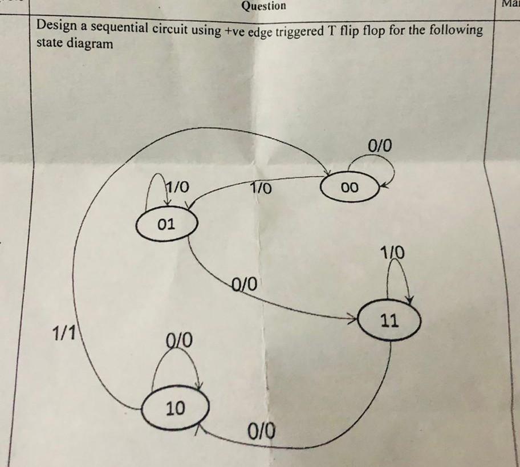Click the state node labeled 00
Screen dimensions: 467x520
[x=350, y=188]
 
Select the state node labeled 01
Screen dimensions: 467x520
[x=166, y=224]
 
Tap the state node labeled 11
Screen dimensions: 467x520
[x=390, y=321]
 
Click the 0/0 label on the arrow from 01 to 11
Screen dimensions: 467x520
[x=245, y=282]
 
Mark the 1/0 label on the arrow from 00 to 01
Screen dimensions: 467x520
[x=261, y=187]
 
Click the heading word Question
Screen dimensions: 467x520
[x=263, y=6]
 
